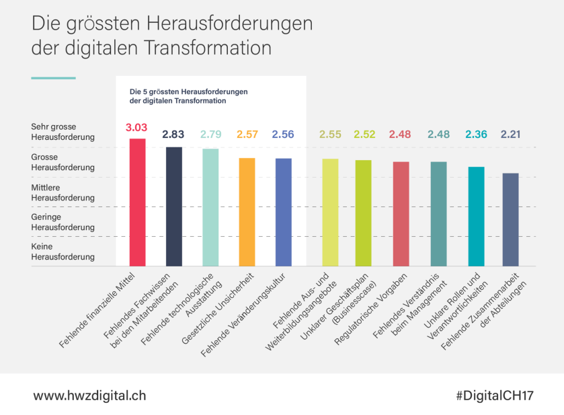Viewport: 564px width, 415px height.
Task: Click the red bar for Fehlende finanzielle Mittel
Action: [x=137, y=202]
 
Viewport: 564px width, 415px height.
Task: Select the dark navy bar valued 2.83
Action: [x=174, y=206]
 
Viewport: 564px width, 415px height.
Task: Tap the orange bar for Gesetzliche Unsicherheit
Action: [x=247, y=211]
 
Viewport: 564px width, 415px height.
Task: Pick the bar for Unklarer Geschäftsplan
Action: [x=363, y=213]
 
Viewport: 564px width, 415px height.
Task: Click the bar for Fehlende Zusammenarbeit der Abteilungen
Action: [x=510, y=219]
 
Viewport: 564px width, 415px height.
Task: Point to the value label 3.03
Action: [x=136, y=126]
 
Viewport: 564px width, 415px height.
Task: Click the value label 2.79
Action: [x=210, y=135]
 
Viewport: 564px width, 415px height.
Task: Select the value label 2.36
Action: [x=476, y=135]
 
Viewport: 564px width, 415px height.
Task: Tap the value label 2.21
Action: [x=510, y=135]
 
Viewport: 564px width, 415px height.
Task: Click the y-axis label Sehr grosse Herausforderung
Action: [x=63, y=131]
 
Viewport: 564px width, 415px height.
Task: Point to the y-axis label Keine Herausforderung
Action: [x=63, y=252]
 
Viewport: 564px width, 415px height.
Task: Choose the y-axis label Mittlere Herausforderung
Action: [x=63, y=192]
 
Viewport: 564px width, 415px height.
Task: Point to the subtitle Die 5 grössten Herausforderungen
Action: [x=189, y=91]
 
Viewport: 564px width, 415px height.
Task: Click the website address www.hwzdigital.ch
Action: [x=89, y=395]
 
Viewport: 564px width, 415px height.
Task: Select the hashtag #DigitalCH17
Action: [x=494, y=395]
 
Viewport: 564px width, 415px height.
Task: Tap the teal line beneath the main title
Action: [x=53, y=78]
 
